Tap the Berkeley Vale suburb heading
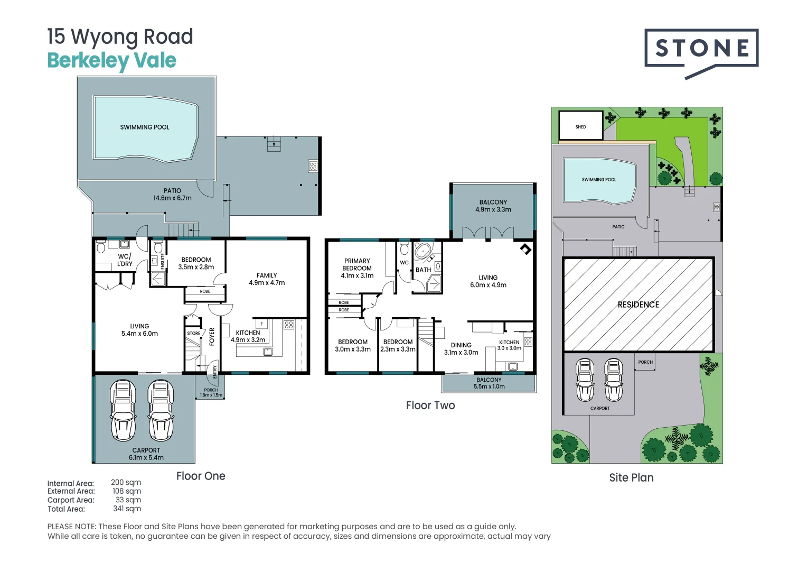(x=111, y=61)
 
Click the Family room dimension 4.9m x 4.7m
(x=267, y=283)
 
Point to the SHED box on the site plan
(x=581, y=125)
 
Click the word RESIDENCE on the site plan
(x=639, y=305)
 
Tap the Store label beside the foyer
(x=193, y=333)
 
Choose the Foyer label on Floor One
(x=212, y=337)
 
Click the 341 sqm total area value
(x=127, y=509)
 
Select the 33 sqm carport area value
(x=128, y=500)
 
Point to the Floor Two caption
(x=430, y=406)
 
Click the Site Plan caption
(x=631, y=477)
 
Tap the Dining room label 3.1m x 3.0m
(x=461, y=349)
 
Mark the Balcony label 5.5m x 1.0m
(x=489, y=383)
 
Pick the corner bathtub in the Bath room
(x=423, y=252)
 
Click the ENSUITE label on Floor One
(x=163, y=261)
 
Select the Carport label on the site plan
(x=600, y=408)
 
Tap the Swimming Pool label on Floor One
(x=145, y=127)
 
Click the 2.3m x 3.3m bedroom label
(x=398, y=346)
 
